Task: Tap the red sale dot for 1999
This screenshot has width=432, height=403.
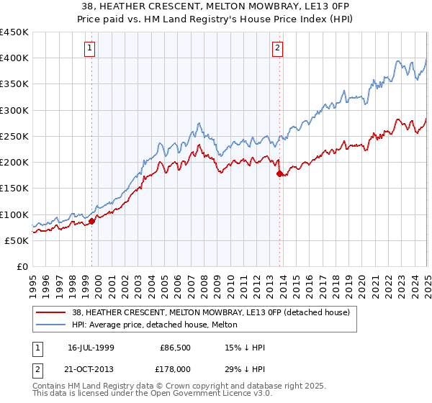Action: coord(92,222)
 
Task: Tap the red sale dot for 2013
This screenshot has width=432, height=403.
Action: coord(280,173)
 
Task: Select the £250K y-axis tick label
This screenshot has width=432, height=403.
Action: coord(14,137)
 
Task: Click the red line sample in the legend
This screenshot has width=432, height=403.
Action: coord(50,312)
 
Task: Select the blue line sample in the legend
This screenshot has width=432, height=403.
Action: coord(50,325)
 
